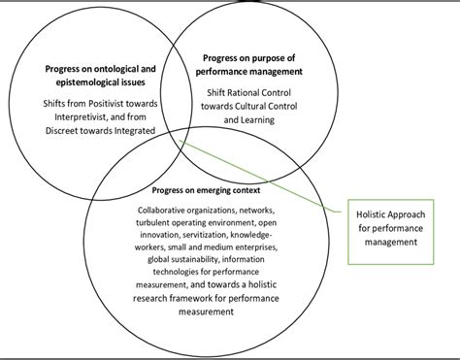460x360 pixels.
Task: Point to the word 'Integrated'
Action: point(138,130)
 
